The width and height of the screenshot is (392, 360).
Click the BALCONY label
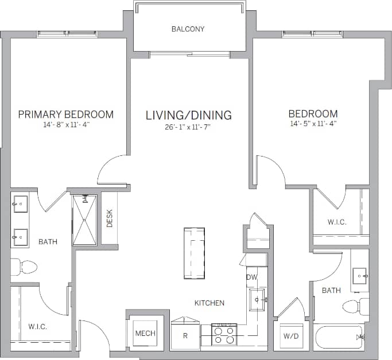(188, 29)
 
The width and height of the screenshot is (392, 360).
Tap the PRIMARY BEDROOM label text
(65, 114)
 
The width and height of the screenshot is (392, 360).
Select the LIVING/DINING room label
(188, 115)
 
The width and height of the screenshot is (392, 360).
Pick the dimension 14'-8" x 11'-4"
(65, 124)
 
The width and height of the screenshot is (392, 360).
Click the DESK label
(109, 217)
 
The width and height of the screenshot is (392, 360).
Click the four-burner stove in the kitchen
(224, 334)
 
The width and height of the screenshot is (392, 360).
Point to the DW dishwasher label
(251, 277)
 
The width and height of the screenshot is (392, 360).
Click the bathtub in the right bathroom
(339, 336)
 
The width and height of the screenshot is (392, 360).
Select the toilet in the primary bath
(24, 266)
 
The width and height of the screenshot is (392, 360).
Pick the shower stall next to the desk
(84, 220)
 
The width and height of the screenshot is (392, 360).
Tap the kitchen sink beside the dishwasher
(257, 299)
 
